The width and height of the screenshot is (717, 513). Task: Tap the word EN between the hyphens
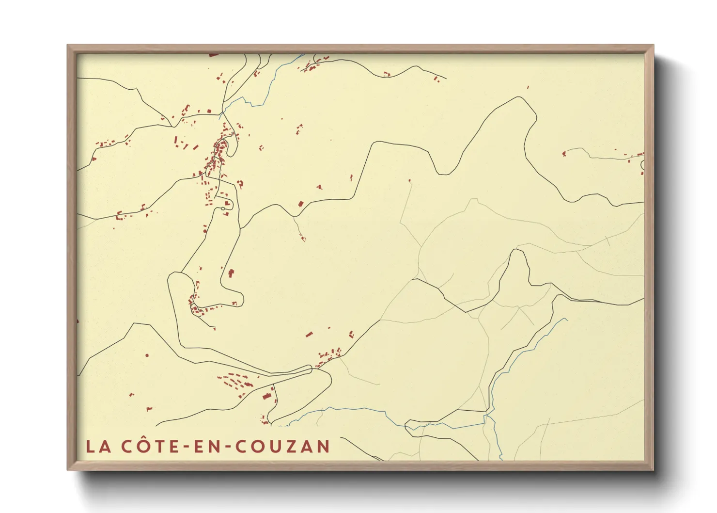coord(203,446)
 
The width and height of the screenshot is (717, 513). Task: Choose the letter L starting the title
coord(91,446)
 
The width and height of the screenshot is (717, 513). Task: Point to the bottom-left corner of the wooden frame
coord(68,469)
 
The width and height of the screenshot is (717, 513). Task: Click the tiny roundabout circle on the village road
coord(223,208)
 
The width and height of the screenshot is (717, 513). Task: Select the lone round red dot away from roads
coord(147,355)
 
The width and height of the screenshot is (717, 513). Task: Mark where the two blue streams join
coord(487,415)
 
